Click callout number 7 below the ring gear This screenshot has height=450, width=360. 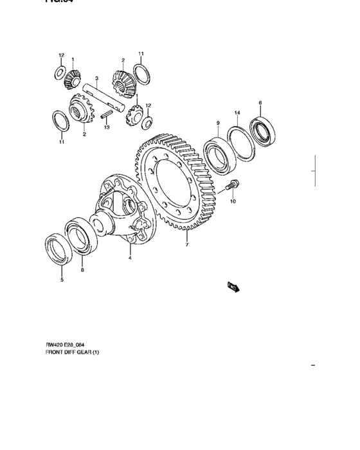pyautogui.click(x=187, y=245)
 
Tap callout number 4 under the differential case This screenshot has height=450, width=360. pyautogui.click(x=129, y=258)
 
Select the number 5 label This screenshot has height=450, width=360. pyautogui.click(x=62, y=280)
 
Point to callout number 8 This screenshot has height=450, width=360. pyautogui.click(x=82, y=271)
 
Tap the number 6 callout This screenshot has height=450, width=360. pyautogui.click(x=260, y=102)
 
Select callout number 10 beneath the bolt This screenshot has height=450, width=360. pyautogui.click(x=233, y=201)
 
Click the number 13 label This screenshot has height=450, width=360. pyautogui.click(x=107, y=128)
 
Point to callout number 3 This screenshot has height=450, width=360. pyautogui.click(x=96, y=79)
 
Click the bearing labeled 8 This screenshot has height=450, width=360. pyautogui.click(x=80, y=237)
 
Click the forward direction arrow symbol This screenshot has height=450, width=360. pyautogui.click(x=232, y=287)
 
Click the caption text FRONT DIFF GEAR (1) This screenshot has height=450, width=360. pyautogui.click(x=72, y=352)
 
